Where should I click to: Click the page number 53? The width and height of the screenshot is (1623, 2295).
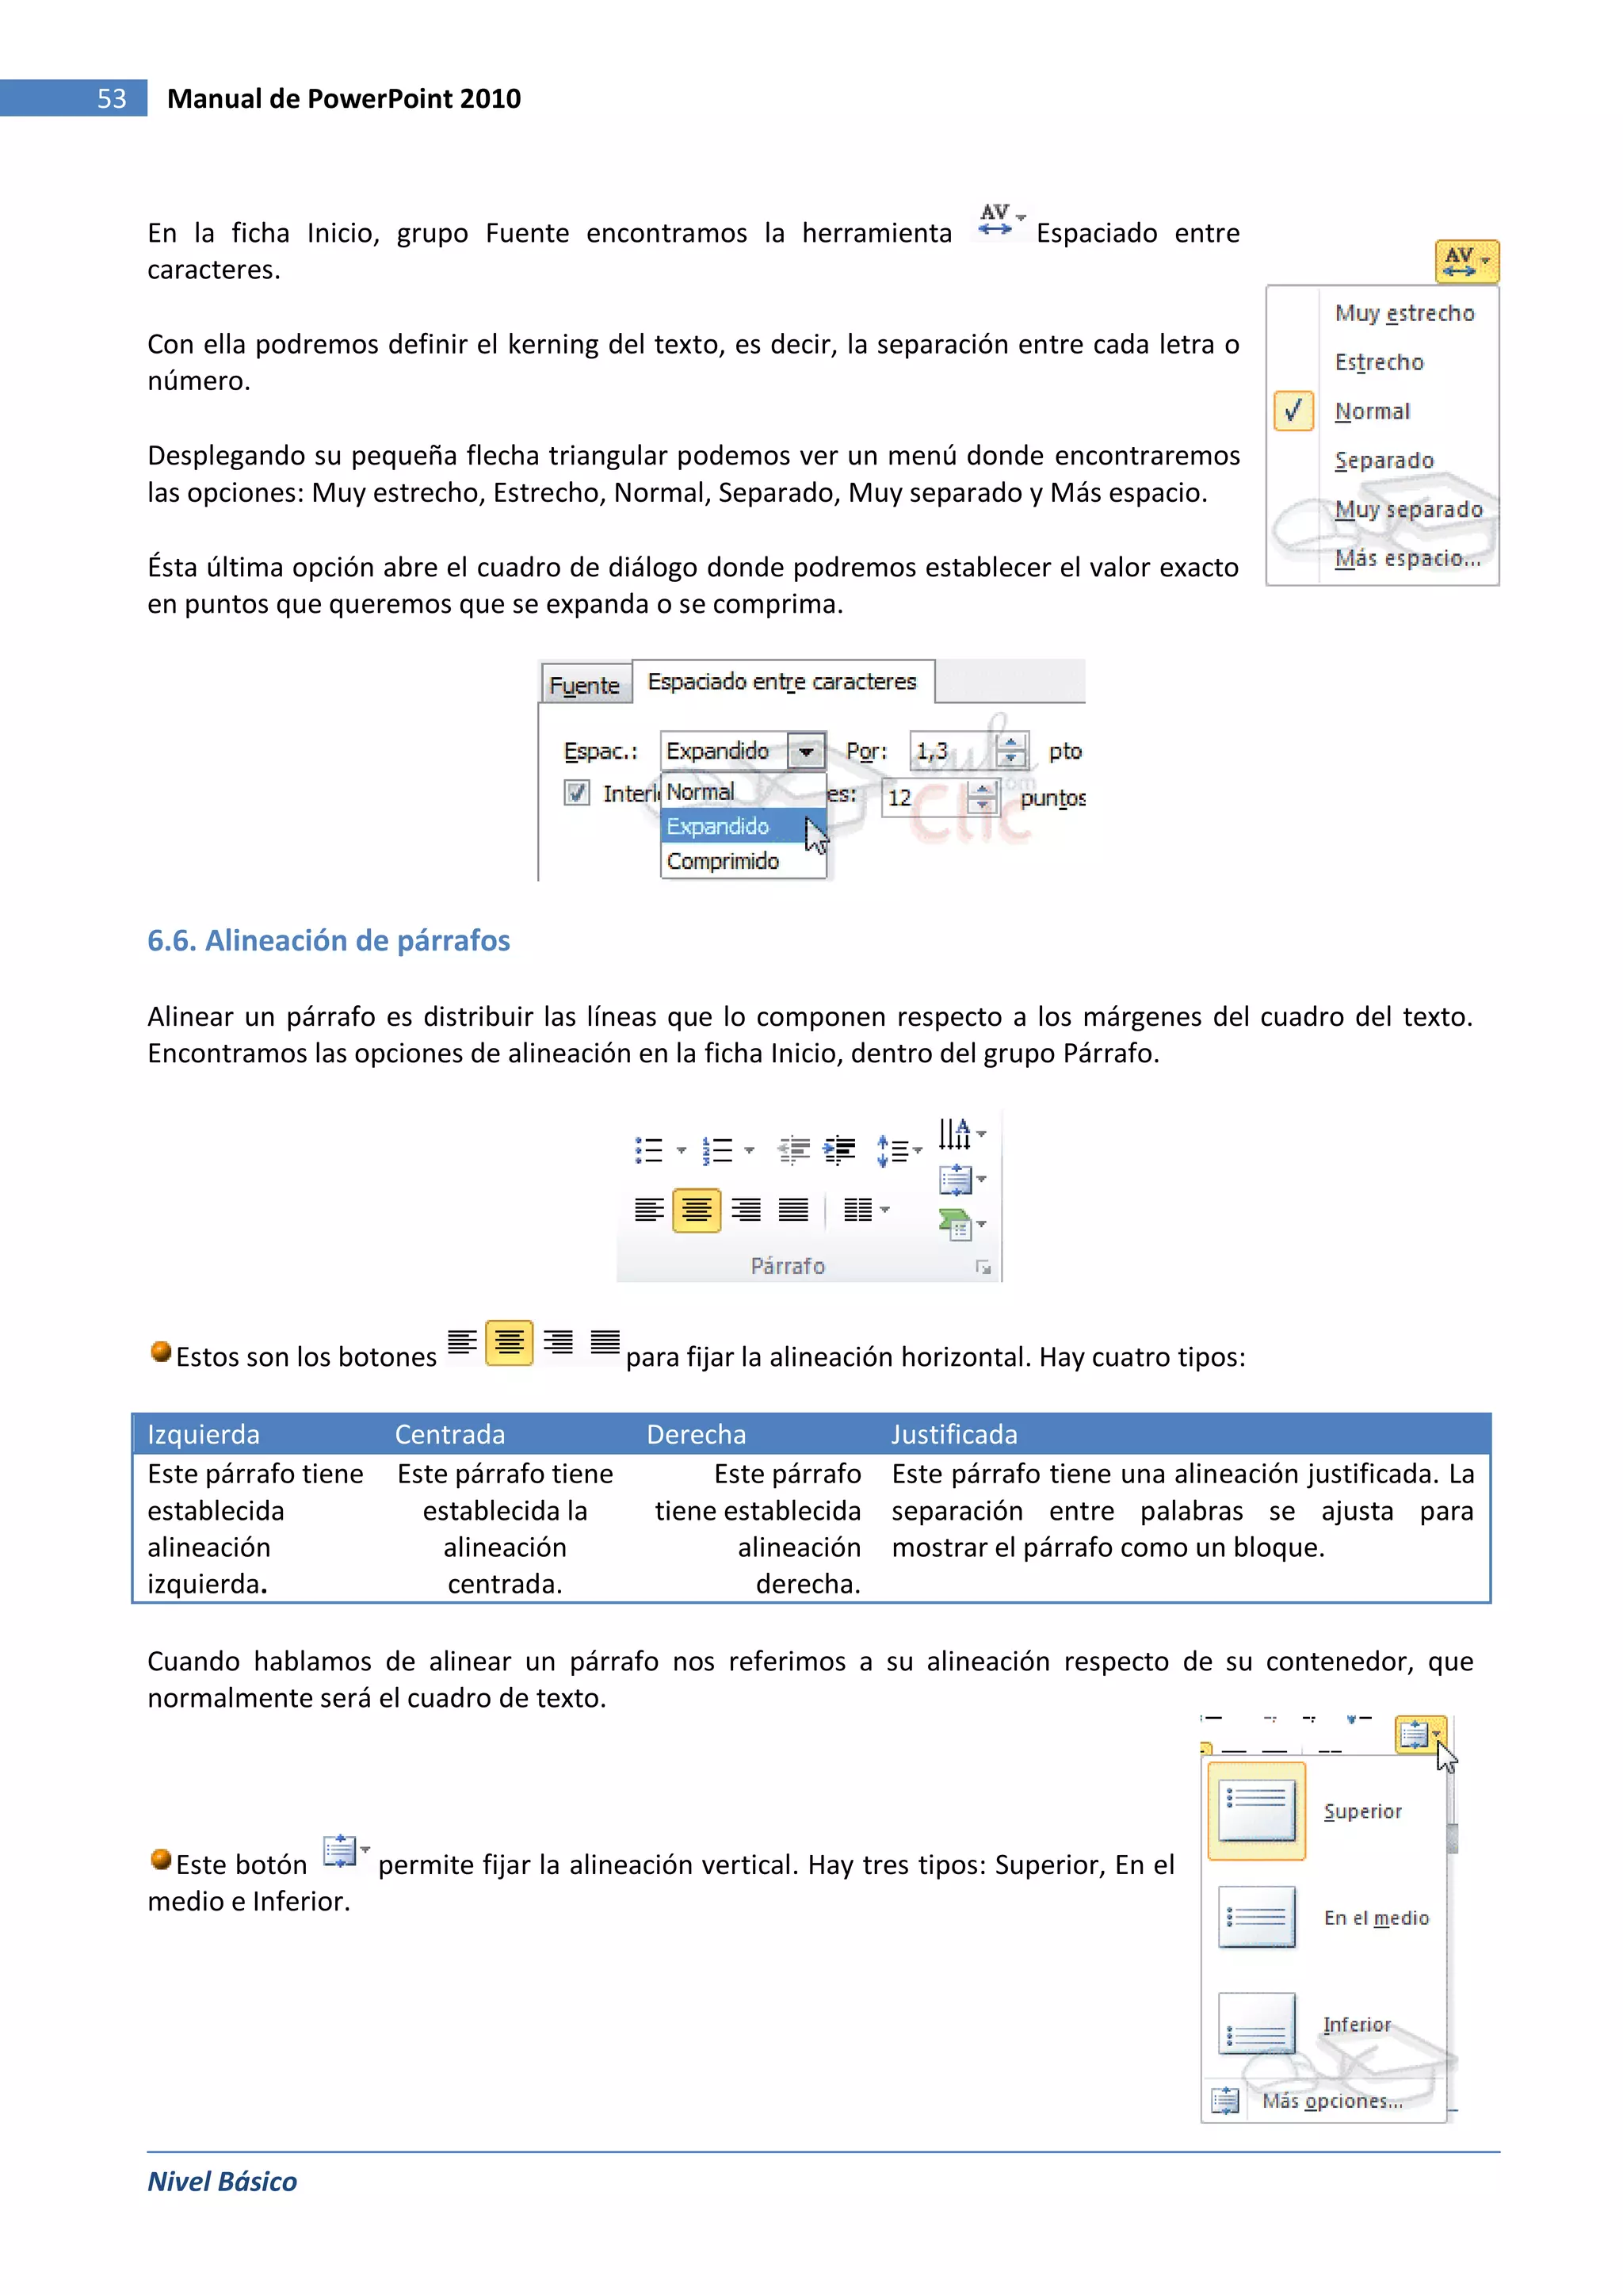tap(111, 98)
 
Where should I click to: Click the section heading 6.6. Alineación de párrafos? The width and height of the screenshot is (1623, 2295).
tap(328, 940)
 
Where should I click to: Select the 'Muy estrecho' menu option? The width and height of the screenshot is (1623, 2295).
tap(1403, 313)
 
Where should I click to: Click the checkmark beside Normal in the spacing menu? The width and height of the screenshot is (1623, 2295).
tap(1293, 411)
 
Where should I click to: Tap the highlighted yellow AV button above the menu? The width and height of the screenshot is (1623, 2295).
tap(1465, 261)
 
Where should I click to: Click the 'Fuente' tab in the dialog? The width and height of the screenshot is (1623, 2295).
tap(585, 686)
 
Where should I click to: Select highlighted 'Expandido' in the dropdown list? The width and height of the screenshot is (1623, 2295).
tap(720, 825)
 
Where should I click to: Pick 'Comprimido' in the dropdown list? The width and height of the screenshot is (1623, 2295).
tap(723, 861)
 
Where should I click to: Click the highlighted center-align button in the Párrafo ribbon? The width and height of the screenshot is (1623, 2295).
tap(697, 1211)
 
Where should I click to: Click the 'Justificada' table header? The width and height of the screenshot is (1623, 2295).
tap(953, 1434)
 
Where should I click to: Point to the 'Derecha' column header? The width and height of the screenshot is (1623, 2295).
tap(696, 1434)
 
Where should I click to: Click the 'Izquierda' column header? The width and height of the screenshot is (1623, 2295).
tap(203, 1434)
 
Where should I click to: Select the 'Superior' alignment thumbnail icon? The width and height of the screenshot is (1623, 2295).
tap(1256, 1810)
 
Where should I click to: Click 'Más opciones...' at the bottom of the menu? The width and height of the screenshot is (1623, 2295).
tap(1331, 2100)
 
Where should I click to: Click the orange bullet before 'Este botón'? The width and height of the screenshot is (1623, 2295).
tap(160, 1859)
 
